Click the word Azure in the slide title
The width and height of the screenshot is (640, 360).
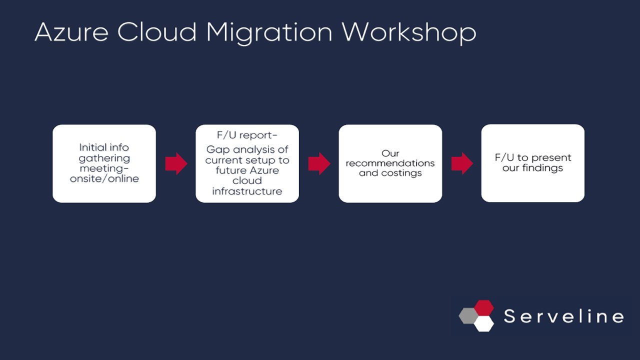point(70,32)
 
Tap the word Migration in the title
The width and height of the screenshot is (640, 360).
point(269,32)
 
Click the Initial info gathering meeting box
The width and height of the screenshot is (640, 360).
point(104,163)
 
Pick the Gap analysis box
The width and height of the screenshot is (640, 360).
point(247,163)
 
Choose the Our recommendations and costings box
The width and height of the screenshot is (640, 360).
point(390,163)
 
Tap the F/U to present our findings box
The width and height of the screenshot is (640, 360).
point(532,163)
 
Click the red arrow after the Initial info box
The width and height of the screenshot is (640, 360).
point(176,163)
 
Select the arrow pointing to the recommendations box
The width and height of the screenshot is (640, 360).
point(319,163)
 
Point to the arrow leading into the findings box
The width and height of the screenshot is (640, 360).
point(462,163)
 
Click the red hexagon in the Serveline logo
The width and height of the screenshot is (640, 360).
point(483,307)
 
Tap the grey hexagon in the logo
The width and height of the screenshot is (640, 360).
point(468,316)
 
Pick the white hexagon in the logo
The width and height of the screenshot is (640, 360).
point(483,323)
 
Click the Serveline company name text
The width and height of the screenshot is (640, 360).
point(563,316)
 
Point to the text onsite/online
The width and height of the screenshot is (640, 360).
point(104,178)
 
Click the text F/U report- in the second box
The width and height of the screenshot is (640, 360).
point(247,135)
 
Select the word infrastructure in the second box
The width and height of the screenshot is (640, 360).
point(247,191)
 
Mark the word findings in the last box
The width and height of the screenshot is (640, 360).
point(542,168)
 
